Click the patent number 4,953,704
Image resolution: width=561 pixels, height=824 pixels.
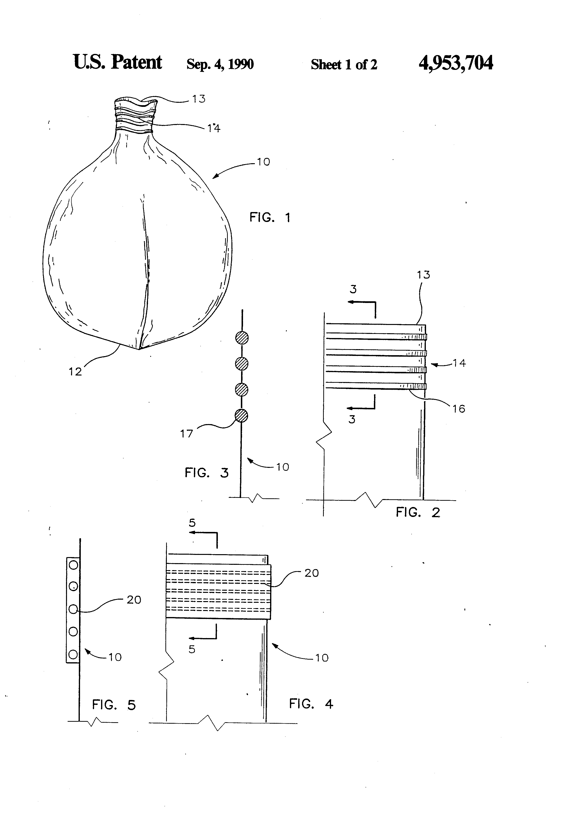click(x=455, y=63)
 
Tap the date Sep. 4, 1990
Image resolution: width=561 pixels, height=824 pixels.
click(x=220, y=64)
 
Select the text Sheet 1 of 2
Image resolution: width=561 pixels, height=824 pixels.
click(x=344, y=65)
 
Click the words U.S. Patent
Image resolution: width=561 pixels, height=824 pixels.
click(x=117, y=62)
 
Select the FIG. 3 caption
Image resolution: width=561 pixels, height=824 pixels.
click(x=207, y=473)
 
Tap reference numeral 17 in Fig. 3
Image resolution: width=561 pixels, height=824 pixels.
click(x=186, y=433)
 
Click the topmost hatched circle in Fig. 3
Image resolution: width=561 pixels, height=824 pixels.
click(x=242, y=338)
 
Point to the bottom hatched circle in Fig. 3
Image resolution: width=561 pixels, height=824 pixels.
click(x=242, y=415)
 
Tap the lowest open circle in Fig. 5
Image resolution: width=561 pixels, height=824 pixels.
click(x=73, y=654)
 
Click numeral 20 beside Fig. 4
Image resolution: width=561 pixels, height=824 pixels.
click(x=311, y=573)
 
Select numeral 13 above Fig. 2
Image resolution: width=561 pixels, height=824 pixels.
click(x=423, y=275)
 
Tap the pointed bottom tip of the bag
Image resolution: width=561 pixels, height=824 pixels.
click(x=139, y=349)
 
